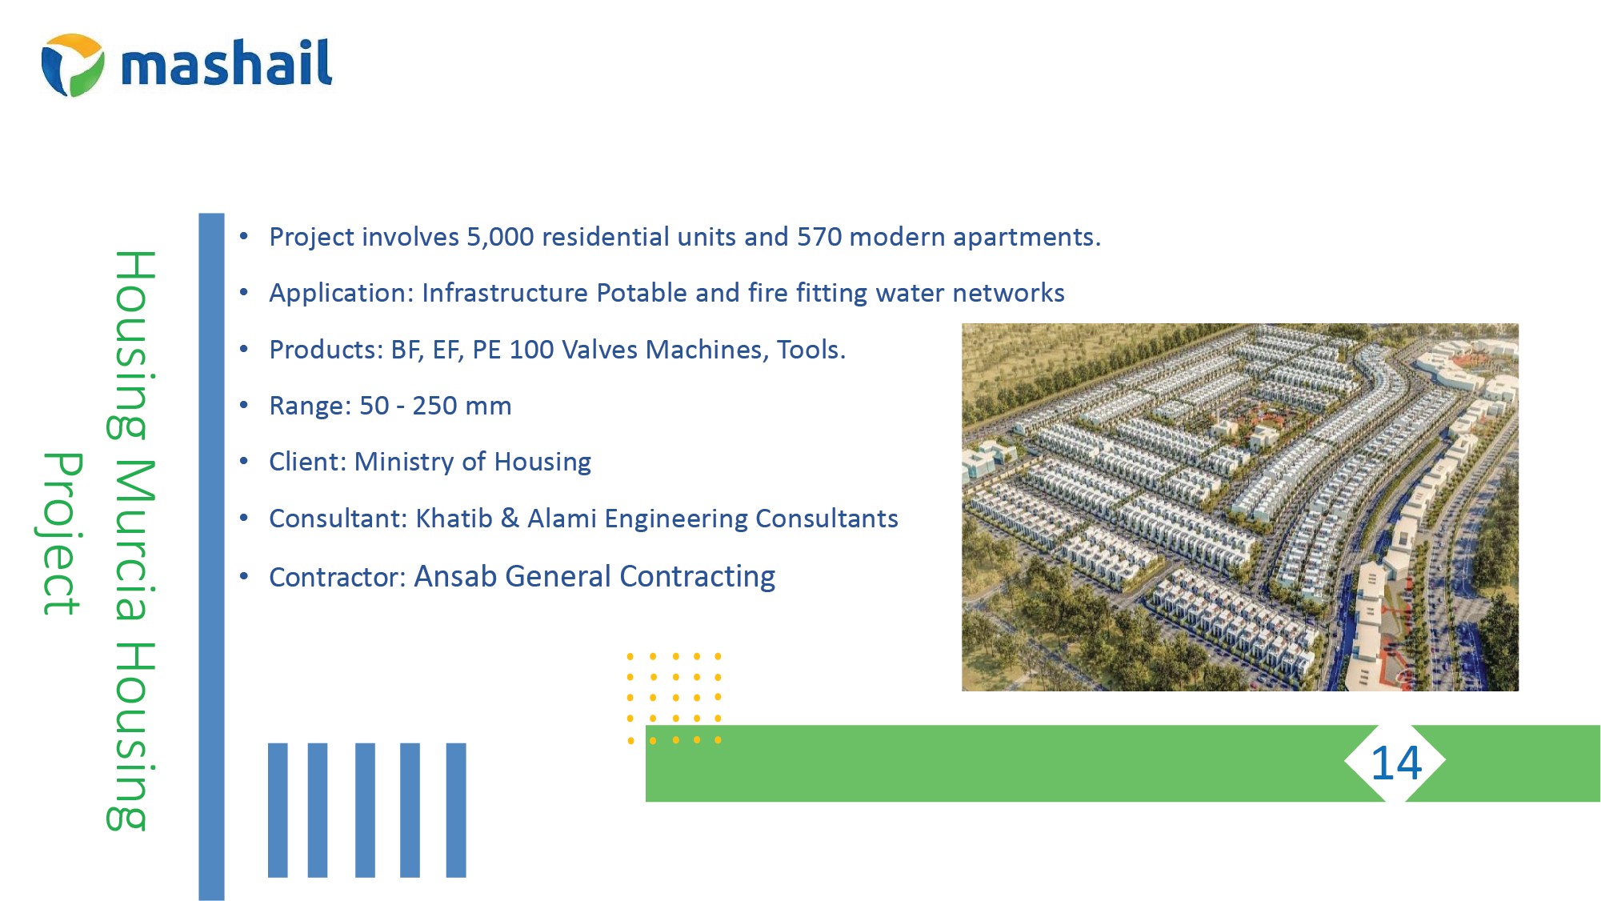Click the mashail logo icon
[72, 65]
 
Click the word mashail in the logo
[226, 62]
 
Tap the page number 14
[1396, 763]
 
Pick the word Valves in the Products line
[600, 350]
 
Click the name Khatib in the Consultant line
[454, 519]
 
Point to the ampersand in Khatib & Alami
[510, 519]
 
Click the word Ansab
[455, 576]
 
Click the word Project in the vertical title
[60, 534]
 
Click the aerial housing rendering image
[1239, 507]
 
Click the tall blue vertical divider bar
[211, 557]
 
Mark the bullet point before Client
[244, 462]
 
